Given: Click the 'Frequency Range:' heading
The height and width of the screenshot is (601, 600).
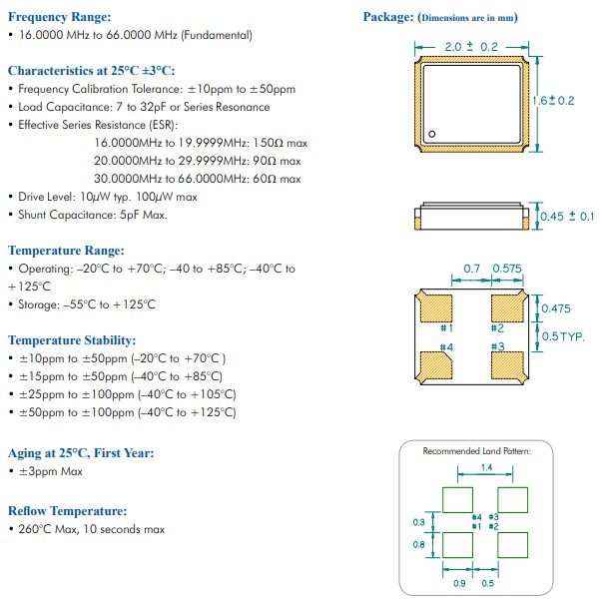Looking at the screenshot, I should tap(59, 17).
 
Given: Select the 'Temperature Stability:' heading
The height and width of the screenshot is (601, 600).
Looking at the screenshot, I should tap(72, 340).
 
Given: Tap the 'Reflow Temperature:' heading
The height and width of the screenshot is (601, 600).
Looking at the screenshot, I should tap(67, 510).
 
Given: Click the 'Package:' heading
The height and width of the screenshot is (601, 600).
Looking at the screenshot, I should tap(387, 17).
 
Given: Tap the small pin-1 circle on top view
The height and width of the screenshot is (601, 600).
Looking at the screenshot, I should tap(432, 135).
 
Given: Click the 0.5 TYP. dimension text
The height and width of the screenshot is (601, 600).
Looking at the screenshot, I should tap(563, 336).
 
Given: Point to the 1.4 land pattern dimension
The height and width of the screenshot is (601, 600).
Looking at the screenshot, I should tap(485, 466).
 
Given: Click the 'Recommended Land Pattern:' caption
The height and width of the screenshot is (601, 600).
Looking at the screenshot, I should tap(476, 451).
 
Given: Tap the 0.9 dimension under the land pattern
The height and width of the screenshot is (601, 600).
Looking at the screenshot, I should tap(459, 582).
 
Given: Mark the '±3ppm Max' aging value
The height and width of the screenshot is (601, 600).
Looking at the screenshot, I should tap(51, 471).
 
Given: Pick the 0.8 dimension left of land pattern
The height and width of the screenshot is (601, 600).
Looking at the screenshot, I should tap(418, 545).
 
